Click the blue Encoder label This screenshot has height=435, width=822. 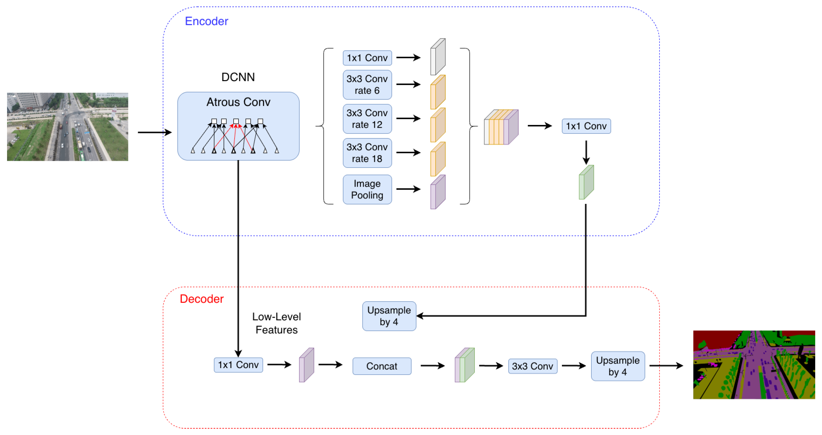point(206,21)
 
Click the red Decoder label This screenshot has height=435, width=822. point(202,299)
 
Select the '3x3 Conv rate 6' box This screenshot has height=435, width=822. point(367,85)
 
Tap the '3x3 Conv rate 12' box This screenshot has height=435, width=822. point(367,119)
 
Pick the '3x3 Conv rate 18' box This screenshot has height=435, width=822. point(367,153)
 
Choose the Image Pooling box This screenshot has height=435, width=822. point(367,189)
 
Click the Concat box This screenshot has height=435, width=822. point(382,366)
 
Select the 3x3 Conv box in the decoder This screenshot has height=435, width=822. point(532,366)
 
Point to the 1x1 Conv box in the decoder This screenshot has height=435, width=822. point(238,365)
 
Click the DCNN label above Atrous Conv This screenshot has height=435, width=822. point(238,77)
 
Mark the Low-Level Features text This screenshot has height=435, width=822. point(277,323)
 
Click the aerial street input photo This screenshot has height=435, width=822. point(68,127)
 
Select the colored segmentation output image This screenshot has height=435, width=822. point(754,365)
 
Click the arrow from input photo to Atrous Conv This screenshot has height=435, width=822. point(155,132)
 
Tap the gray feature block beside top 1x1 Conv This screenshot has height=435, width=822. point(438,57)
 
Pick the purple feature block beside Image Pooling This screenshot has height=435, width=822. point(438,192)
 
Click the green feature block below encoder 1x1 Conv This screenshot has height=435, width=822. point(587,182)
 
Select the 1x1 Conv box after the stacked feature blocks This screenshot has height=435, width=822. point(587,126)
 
